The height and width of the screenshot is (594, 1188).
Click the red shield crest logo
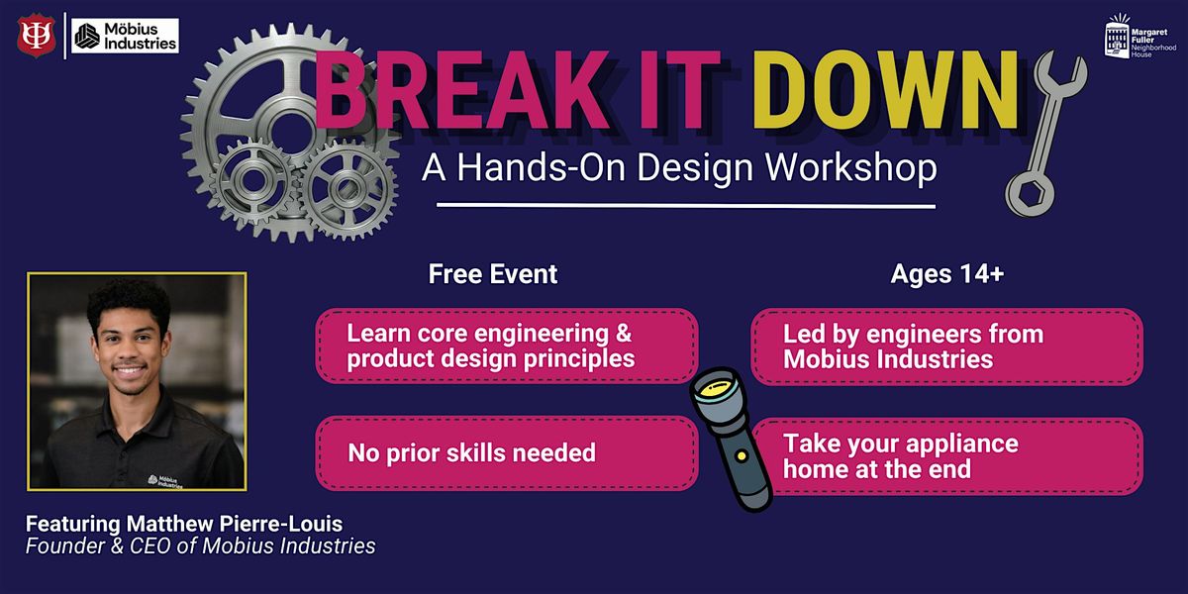(x=36, y=36)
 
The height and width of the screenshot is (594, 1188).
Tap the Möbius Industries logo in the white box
(x=125, y=36)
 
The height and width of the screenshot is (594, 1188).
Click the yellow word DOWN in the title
(x=885, y=90)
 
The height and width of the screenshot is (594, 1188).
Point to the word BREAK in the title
(x=462, y=90)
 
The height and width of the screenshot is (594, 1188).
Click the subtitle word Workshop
(x=850, y=168)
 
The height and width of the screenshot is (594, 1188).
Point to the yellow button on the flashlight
(x=742, y=455)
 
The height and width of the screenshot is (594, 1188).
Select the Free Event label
(x=493, y=274)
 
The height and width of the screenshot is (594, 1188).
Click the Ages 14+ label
(x=947, y=274)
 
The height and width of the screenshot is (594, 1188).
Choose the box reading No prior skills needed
(x=507, y=453)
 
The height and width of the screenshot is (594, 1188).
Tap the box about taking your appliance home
(x=947, y=456)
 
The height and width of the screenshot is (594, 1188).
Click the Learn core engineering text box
(x=507, y=346)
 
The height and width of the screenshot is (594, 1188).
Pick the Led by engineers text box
(x=947, y=346)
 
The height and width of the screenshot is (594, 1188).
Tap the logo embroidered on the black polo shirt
(x=165, y=481)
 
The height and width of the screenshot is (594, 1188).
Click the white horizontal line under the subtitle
(x=686, y=205)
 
